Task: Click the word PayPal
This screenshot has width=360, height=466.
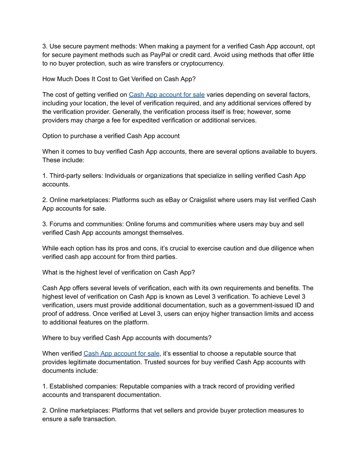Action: [160, 55]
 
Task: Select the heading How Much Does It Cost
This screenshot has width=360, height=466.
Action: [119, 79]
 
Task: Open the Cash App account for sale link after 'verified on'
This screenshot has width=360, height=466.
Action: [167, 95]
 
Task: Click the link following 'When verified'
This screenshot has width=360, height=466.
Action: [121, 353]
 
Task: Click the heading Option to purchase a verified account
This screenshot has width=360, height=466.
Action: [111, 136]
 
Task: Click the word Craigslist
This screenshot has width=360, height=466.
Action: [202, 200]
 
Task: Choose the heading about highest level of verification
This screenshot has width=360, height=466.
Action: [118, 273]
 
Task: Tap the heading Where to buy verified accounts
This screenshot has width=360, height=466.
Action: [127, 338]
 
